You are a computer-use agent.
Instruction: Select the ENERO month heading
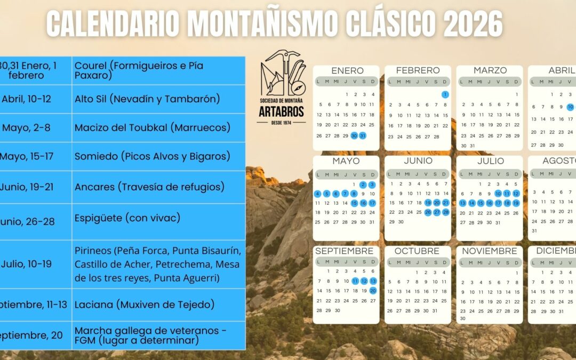(x=347, y=70)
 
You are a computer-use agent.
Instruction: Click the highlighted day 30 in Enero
(x=354, y=135)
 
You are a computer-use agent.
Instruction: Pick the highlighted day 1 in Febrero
(x=445, y=94)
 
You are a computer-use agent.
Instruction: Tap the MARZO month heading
(x=490, y=70)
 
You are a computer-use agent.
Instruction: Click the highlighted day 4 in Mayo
(x=318, y=194)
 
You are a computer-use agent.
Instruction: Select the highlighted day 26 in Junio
(x=428, y=212)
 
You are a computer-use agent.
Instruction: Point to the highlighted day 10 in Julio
(x=498, y=194)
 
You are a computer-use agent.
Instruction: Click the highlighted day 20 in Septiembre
(x=373, y=291)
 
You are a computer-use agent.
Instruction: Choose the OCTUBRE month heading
(x=418, y=251)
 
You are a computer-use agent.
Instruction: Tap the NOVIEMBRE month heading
(x=490, y=251)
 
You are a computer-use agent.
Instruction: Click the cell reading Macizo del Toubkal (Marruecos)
(x=153, y=128)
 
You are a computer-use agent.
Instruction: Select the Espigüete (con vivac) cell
(x=127, y=218)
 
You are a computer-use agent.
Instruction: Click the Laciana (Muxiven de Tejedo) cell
(x=145, y=305)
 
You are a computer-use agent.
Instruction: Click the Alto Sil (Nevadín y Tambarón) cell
(x=147, y=99)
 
